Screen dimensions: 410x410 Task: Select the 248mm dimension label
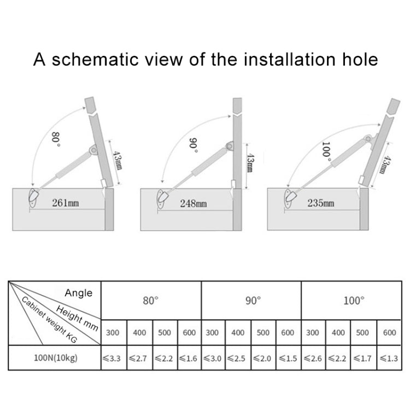[194, 203]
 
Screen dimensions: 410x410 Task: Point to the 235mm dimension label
[321, 203]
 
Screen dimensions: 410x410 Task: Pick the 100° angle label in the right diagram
[326, 150]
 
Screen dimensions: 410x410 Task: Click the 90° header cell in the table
[251, 301]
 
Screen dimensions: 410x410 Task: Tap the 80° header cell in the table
[150, 301]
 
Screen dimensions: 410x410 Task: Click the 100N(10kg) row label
[55, 359]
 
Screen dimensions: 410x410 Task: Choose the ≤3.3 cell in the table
[113, 359]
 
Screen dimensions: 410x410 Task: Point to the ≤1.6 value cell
[189, 359]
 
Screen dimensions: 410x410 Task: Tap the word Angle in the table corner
[78, 293]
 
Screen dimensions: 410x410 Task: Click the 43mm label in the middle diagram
[249, 163]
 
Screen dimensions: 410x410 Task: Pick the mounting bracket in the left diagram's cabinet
[34, 197]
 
